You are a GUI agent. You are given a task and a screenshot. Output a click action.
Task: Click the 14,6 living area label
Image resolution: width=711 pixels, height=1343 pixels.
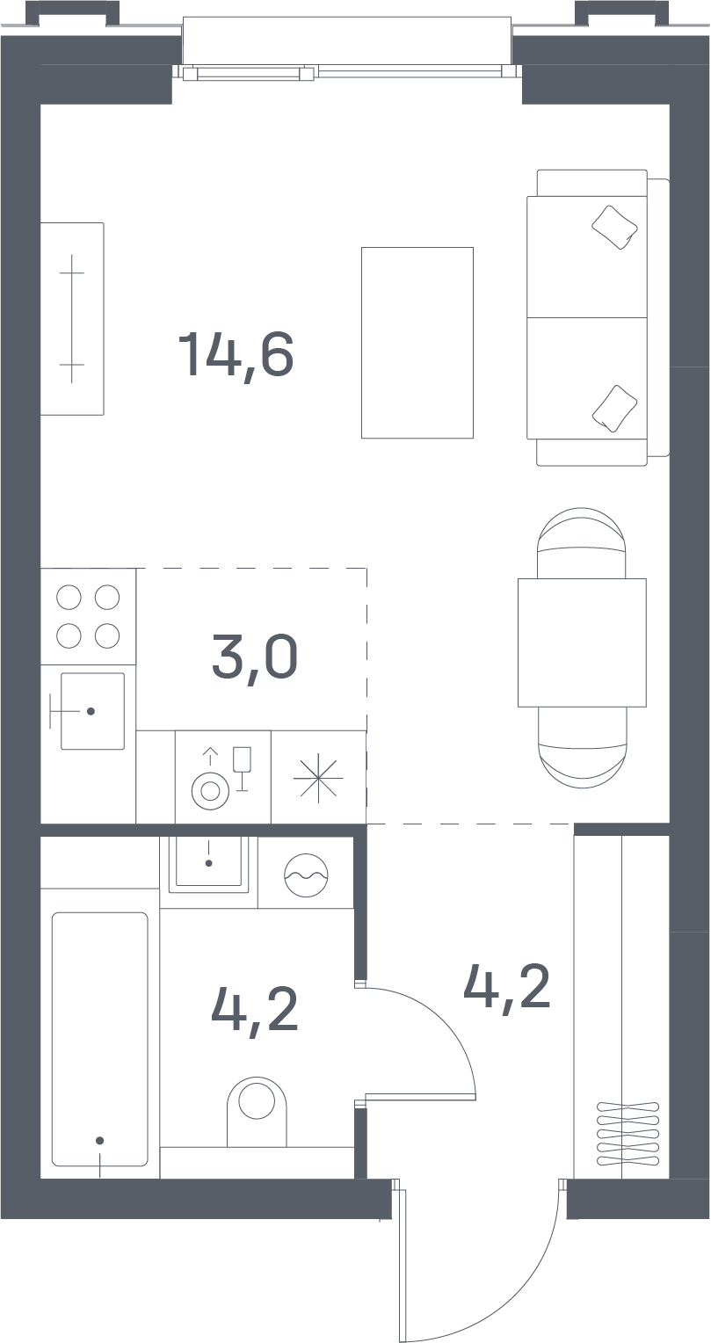click(x=236, y=355)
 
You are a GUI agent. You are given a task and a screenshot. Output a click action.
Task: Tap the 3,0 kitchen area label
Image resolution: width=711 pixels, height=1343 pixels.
click(x=255, y=658)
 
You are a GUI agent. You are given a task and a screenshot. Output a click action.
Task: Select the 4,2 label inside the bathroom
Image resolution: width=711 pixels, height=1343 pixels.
click(x=255, y=1010)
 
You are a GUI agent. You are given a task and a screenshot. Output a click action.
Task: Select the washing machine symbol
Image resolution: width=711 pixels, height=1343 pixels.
click(x=307, y=875)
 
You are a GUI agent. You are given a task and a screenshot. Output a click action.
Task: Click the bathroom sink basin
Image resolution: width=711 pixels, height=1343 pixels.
click(x=208, y=863)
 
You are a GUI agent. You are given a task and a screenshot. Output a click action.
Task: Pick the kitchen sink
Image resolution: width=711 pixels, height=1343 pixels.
click(x=92, y=711)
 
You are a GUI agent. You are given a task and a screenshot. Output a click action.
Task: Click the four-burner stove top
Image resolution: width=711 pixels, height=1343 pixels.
click(x=88, y=616)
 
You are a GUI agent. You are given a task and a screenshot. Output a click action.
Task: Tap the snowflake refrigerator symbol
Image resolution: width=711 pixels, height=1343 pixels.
click(x=318, y=778)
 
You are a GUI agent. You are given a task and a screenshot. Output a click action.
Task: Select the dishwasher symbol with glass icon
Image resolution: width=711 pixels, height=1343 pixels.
click(x=223, y=777)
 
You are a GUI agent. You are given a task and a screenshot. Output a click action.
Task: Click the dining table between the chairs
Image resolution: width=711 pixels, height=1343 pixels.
click(x=582, y=642)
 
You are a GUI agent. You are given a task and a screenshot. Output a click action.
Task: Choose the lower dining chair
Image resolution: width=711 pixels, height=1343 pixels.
click(x=582, y=747)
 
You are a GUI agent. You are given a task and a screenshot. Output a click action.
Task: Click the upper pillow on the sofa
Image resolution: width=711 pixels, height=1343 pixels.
click(x=614, y=228)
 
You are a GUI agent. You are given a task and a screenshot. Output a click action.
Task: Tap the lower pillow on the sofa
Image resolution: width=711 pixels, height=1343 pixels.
click(x=614, y=409)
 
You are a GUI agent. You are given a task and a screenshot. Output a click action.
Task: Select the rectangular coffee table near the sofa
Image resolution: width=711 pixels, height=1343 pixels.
click(x=417, y=343)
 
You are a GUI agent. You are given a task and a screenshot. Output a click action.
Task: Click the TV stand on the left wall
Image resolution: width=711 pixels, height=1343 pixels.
click(x=72, y=318)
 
